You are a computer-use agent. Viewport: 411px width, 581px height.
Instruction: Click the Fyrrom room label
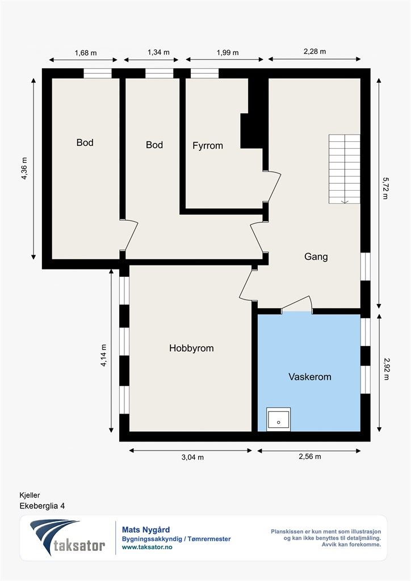(208, 146)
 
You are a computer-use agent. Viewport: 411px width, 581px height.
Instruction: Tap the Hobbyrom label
(191, 348)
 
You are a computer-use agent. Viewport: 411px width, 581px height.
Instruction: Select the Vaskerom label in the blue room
(310, 377)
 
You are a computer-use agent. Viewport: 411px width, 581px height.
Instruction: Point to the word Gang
(316, 256)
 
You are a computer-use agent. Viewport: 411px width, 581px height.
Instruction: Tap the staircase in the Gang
(344, 169)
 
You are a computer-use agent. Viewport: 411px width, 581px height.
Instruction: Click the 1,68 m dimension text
(86, 53)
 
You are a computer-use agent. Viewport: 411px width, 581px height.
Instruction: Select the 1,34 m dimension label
(158, 52)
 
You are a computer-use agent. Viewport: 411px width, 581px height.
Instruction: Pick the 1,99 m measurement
(228, 53)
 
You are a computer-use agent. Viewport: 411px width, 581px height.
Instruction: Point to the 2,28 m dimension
(314, 52)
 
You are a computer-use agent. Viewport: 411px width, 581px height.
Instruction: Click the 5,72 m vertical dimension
(385, 188)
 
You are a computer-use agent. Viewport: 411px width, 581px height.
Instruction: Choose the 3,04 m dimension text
(192, 457)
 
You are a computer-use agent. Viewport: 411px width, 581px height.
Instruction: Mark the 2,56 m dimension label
(310, 457)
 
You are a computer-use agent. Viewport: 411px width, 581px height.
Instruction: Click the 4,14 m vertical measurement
(103, 356)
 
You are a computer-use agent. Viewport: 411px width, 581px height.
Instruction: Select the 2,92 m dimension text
(386, 369)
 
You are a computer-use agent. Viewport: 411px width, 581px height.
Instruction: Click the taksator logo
(67, 537)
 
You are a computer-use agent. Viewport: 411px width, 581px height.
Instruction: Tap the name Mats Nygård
(146, 530)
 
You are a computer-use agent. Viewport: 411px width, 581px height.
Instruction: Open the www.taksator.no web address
(147, 547)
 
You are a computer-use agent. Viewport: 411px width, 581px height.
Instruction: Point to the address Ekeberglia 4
(42, 506)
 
